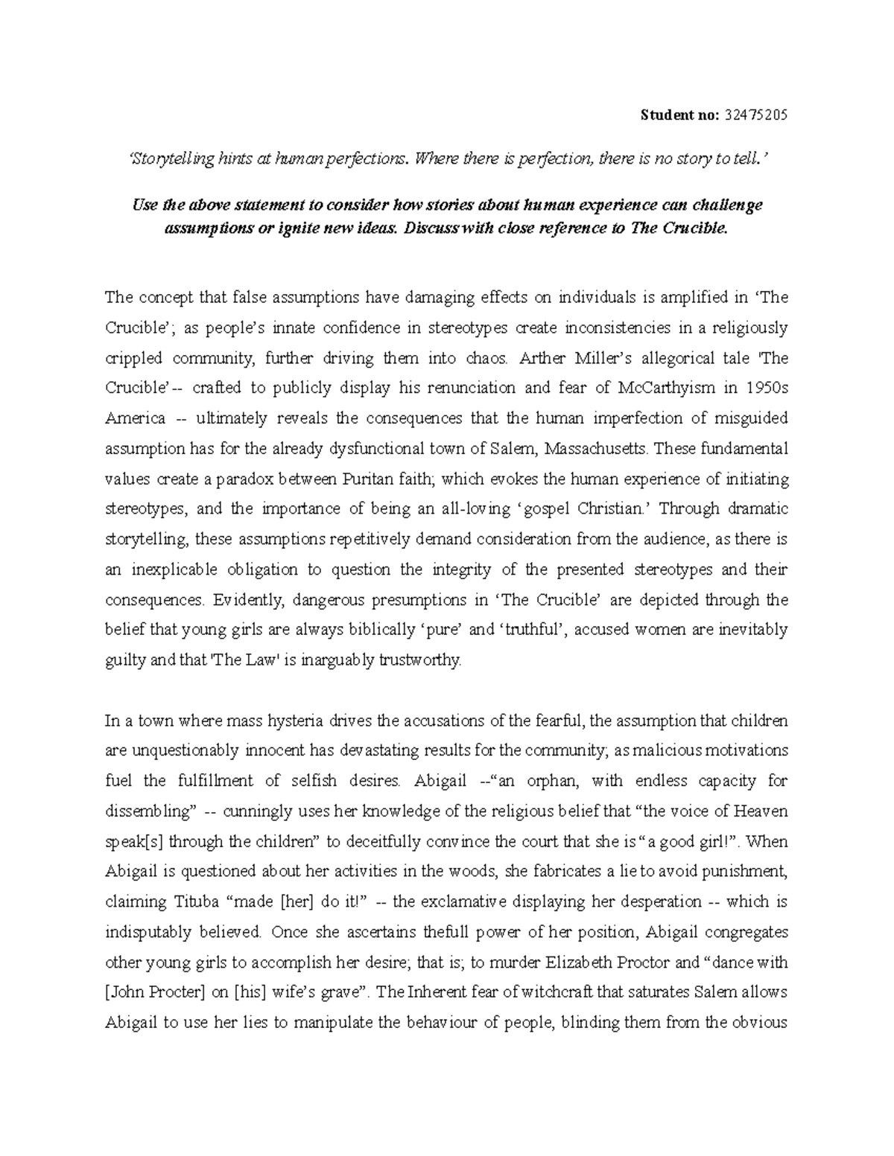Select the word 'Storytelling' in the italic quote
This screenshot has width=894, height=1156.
point(167,158)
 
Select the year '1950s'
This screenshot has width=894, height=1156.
point(767,388)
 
